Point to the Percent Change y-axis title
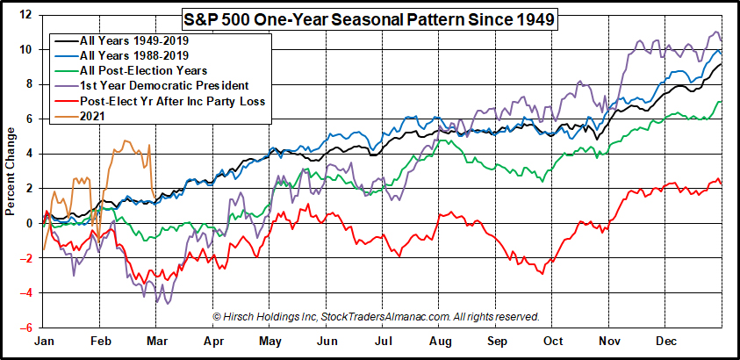click(x=11, y=171)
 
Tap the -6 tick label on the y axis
click(x=26, y=327)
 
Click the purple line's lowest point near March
click(x=157, y=303)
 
